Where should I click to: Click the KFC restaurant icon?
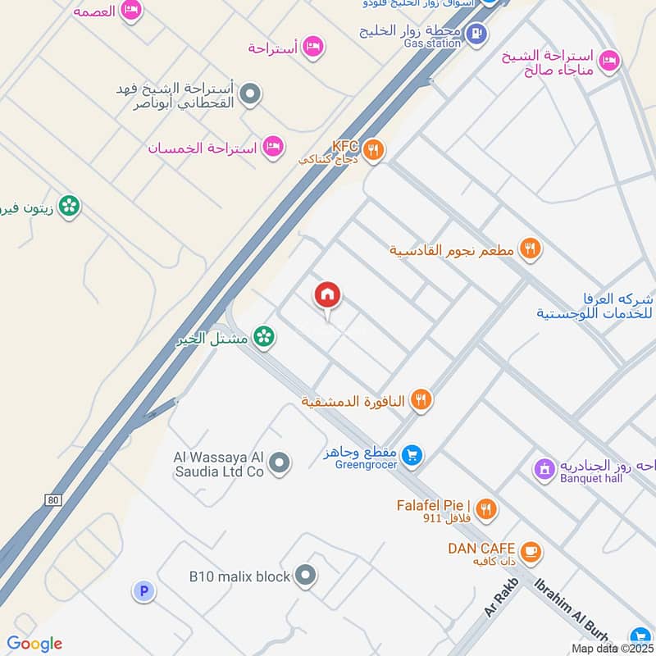point(373,149)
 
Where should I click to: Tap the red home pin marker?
point(328,295)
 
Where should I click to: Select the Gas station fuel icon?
point(476,34)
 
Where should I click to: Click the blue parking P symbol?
point(143,590)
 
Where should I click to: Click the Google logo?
point(34,644)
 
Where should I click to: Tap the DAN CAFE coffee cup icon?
point(531,553)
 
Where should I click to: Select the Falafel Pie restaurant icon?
point(486,509)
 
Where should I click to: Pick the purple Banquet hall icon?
point(543,469)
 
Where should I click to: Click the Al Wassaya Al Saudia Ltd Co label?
point(219,464)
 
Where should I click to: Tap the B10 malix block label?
point(239,576)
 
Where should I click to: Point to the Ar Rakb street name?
point(502,596)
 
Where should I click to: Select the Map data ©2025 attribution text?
point(610,648)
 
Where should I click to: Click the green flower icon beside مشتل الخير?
point(263,335)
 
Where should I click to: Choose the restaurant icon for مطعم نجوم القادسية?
point(530,249)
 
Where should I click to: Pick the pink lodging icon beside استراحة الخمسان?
point(274,148)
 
